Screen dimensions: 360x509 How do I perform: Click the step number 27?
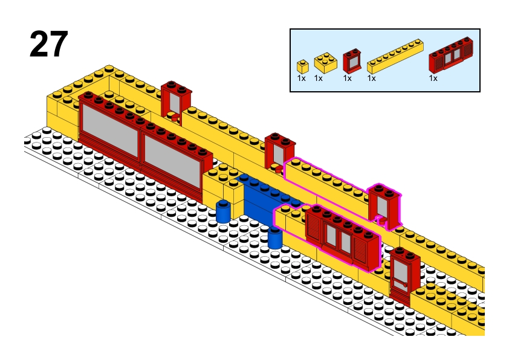(x=48, y=45)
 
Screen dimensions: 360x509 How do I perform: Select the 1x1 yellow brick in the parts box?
(x=302, y=66)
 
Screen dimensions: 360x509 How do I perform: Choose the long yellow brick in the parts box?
(x=394, y=56)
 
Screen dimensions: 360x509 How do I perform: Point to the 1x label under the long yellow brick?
(x=371, y=78)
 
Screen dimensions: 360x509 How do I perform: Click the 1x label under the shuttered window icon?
(x=433, y=78)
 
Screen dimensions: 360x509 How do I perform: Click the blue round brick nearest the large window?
(x=224, y=211)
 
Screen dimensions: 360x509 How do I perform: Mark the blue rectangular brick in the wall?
(x=266, y=199)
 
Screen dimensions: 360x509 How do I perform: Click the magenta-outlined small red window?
(x=384, y=206)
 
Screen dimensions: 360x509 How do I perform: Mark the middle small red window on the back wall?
(x=279, y=152)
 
